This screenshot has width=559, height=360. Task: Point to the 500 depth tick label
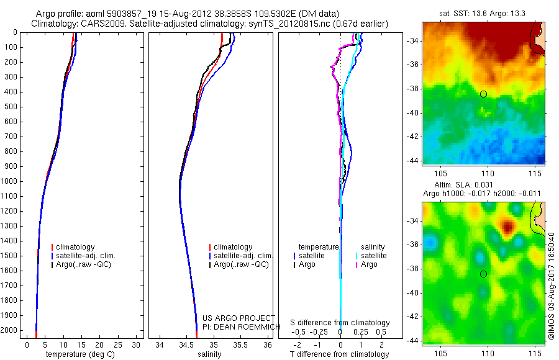tap(11, 107)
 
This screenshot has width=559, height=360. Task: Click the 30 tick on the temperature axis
tap(136, 344)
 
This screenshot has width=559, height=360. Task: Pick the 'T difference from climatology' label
tap(339, 354)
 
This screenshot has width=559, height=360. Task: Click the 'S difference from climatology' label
tap(340, 323)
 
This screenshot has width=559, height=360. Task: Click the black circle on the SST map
tap(483, 94)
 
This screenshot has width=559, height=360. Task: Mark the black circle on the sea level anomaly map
tap(483, 274)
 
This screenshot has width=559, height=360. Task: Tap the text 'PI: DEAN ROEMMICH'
tap(238, 326)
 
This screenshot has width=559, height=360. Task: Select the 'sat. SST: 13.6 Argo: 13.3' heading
tap(483, 14)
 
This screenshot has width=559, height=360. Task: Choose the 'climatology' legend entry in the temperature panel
tap(75, 247)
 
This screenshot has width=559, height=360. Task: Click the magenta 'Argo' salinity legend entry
tap(369, 264)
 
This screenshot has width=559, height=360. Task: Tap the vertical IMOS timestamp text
tap(551, 286)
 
